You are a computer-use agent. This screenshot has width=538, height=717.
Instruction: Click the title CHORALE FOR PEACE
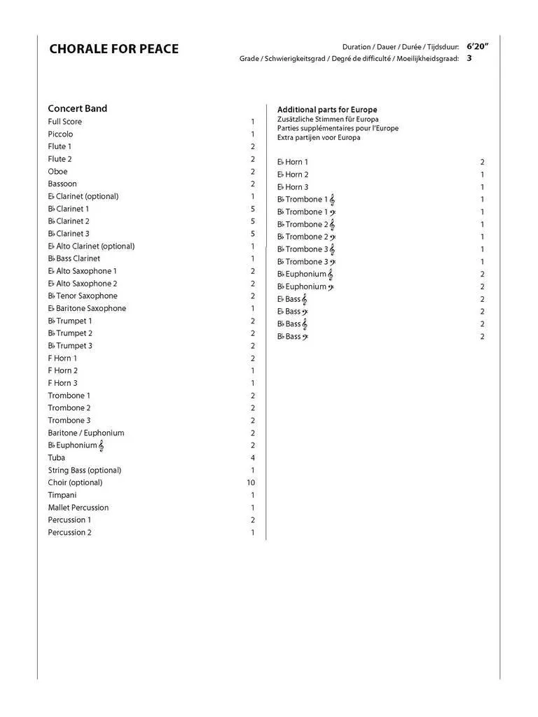113,49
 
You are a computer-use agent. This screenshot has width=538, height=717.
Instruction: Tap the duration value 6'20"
477,46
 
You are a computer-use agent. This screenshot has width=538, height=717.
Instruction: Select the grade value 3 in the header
469,59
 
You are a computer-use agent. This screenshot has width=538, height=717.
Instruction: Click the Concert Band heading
77,109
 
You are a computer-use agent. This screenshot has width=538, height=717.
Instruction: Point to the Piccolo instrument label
60,134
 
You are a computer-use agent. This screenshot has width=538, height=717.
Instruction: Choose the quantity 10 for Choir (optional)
251,482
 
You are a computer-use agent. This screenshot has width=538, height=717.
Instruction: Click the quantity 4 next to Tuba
253,458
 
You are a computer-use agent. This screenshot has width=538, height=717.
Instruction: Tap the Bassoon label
62,184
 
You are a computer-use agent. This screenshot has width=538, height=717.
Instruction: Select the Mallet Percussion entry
78,508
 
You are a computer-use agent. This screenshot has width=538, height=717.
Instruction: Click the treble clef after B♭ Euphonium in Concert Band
102,445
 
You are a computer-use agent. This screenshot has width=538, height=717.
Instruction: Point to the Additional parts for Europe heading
327,110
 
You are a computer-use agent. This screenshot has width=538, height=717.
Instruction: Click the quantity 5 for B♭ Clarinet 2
253,221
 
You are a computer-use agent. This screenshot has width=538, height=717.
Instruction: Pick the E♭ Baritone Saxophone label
87,309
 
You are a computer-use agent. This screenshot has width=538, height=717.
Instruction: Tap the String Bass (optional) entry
84,471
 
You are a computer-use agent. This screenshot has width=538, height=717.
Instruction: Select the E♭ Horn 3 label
293,188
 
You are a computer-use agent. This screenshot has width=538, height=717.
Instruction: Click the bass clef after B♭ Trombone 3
332,262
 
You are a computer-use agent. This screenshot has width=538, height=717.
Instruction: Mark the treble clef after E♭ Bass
305,299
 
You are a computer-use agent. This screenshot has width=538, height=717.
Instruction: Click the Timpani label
62,495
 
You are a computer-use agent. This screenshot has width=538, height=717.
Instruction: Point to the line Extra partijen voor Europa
319,138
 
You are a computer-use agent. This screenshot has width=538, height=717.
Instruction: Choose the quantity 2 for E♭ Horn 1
483,162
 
